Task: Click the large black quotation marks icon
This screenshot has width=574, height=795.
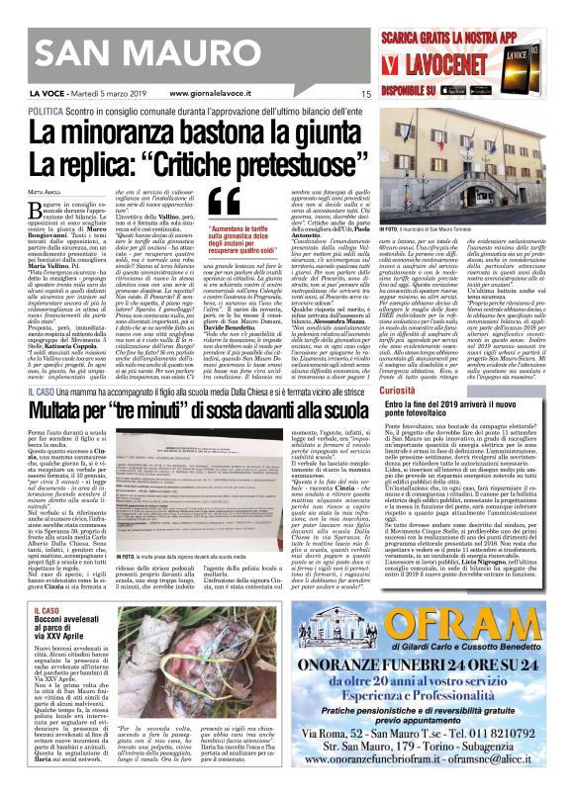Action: click(225, 202)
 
